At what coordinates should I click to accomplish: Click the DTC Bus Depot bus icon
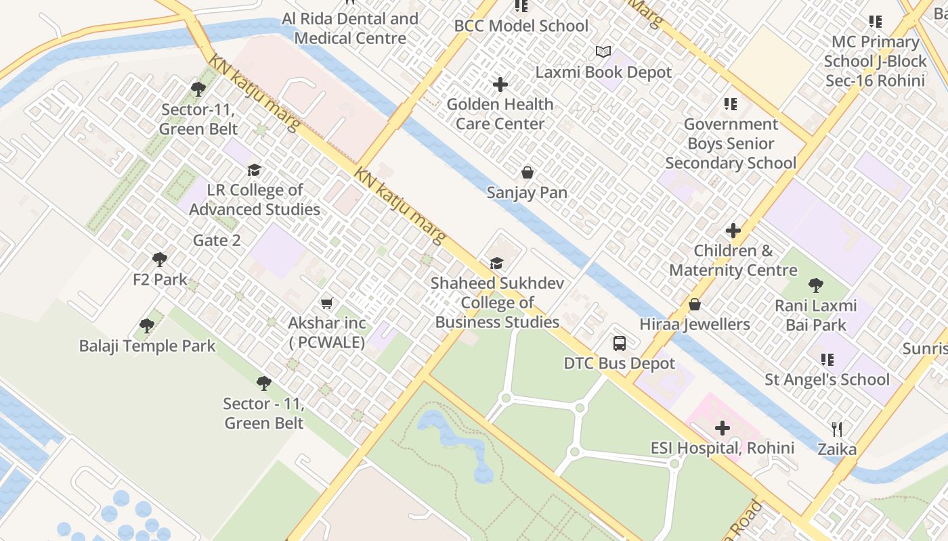coord(620,343)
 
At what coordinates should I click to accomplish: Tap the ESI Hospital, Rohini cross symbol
coord(723,427)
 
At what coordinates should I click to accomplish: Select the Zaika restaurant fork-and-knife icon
coord(837,429)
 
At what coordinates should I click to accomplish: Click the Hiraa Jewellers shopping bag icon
coord(694,304)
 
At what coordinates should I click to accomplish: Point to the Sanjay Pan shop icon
coord(527,172)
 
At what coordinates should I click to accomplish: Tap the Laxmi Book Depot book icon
coord(603,51)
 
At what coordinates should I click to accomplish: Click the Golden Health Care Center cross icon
coord(500,85)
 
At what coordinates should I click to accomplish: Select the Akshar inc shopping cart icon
coord(327,303)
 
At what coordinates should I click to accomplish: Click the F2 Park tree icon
coord(160,259)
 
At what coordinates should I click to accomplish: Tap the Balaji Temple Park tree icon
coord(147,326)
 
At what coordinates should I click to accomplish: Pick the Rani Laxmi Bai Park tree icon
coord(816,285)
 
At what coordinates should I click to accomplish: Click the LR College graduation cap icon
coord(254,170)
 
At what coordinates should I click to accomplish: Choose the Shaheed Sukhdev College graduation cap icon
coord(497,263)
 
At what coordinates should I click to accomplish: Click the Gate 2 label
coord(217,240)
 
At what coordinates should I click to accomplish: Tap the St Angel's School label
coord(827,379)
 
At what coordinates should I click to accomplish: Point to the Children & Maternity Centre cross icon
coord(733,231)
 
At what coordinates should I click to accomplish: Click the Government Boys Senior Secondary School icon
coord(731,104)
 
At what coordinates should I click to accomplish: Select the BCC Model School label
coord(521,26)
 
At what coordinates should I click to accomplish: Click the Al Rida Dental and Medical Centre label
coord(351,28)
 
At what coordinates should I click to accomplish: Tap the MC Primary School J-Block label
coord(875,61)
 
